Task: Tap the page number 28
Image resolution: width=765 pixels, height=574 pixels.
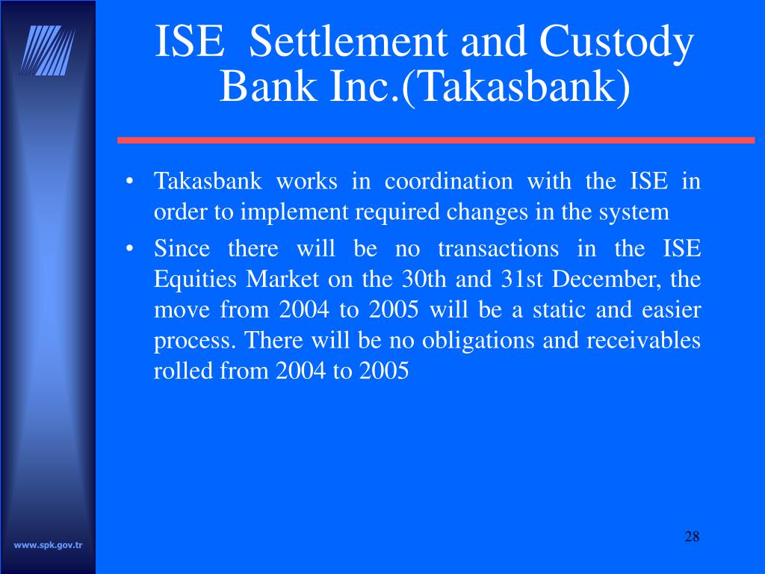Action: [x=691, y=537]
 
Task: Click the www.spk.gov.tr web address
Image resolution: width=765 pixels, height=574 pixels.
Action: [x=49, y=545]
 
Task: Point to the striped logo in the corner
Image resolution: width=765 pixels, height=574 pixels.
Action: [x=48, y=50]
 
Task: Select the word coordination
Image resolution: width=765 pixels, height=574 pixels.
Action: [x=448, y=181]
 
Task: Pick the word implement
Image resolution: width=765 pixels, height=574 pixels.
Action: [x=287, y=212]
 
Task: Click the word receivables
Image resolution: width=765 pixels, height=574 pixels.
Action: [x=644, y=341]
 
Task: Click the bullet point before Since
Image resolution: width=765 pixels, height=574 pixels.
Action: [x=131, y=248]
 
